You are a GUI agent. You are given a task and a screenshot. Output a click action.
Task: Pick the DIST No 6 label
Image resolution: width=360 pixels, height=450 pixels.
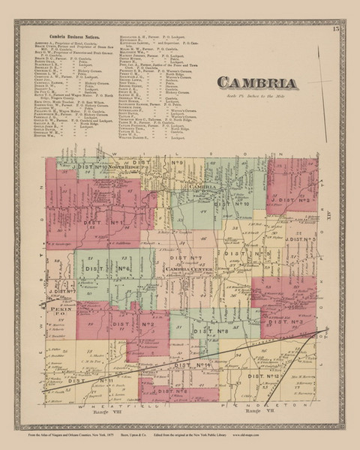tap(105, 268)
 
